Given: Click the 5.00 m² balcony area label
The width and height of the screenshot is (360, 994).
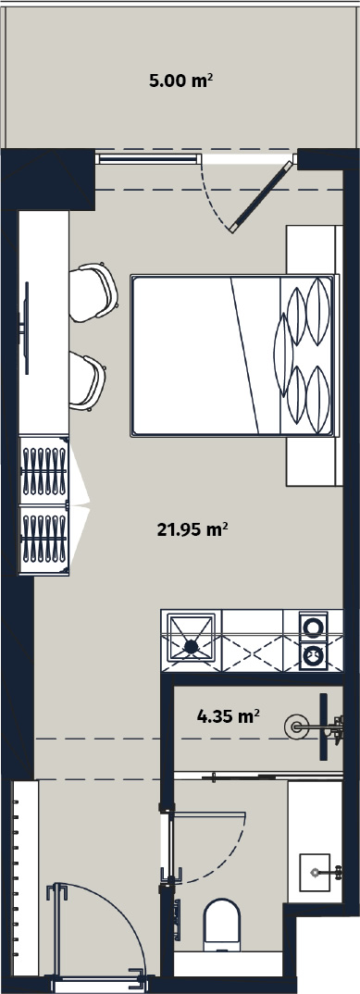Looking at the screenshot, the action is [x=180, y=81].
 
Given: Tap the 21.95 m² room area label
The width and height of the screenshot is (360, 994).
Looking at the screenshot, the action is [x=192, y=528].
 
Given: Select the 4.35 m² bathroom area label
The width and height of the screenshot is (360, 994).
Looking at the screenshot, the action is [x=229, y=716].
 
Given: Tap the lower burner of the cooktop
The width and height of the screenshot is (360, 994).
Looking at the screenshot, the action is [x=314, y=655].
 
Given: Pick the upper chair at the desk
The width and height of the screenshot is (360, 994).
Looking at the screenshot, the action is [x=93, y=292].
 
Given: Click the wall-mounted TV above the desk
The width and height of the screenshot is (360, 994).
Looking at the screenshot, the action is [x=26, y=328].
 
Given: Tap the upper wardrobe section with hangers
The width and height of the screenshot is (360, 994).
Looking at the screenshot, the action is [x=44, y=470].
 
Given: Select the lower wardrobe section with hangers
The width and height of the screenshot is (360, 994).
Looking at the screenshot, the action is [x=44, y=540].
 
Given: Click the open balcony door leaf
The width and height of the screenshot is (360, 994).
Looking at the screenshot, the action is [x=263, y=195].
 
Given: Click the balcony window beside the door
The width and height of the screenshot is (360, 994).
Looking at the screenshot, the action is [x=147, y=158].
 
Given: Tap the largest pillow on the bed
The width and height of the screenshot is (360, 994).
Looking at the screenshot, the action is [x=282, y=355].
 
